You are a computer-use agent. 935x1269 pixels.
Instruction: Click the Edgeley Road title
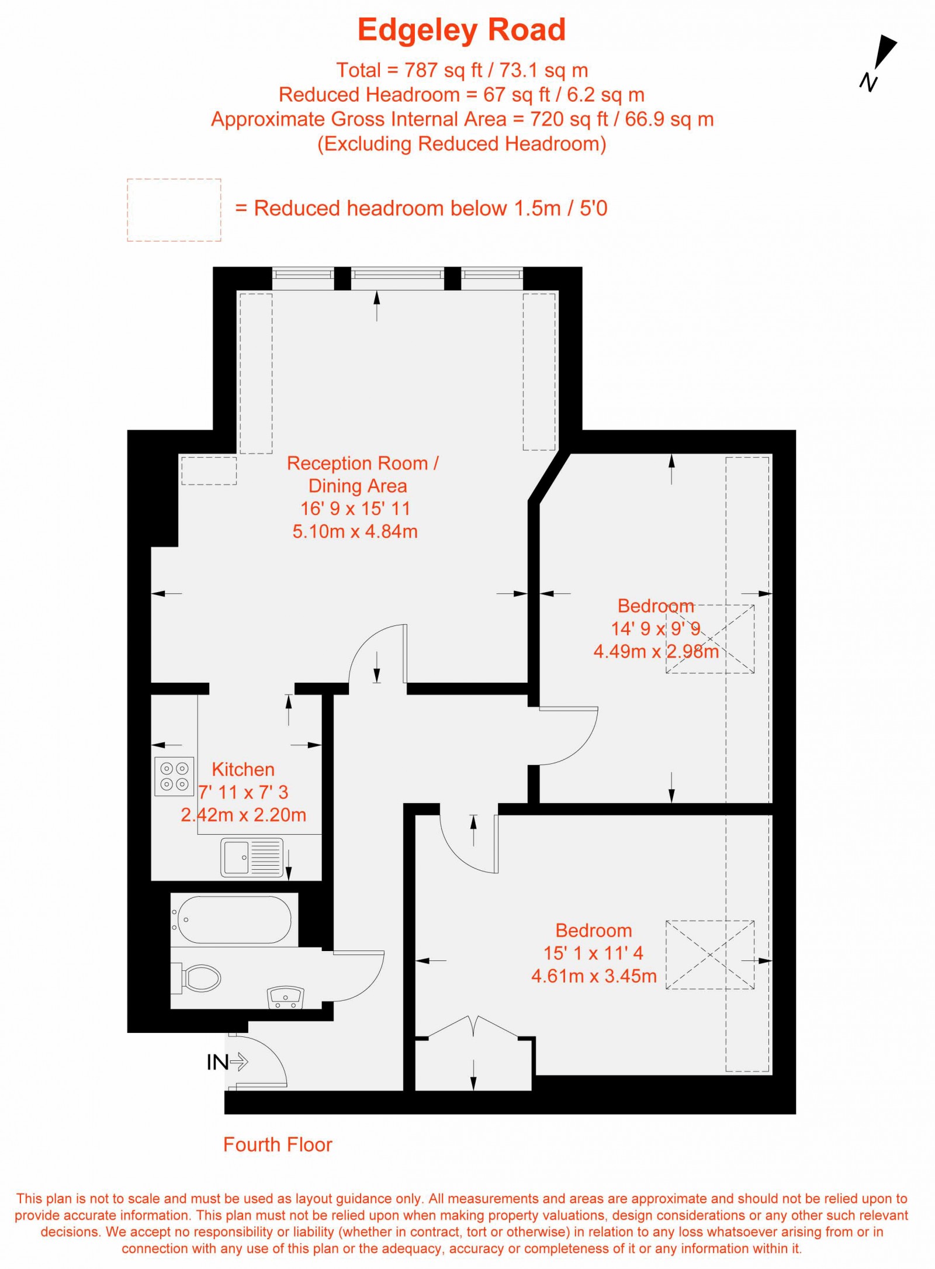[461, 30]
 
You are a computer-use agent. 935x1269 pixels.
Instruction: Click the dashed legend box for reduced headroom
[174, 210]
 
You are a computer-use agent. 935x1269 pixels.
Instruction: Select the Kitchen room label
[243, 769]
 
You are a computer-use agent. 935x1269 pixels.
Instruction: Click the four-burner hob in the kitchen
[174, 776]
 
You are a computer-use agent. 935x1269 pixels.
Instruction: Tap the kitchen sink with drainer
[252, 857]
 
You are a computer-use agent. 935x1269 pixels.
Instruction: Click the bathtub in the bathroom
[234, 920]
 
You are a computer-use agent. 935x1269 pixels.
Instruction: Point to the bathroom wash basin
[286, 997]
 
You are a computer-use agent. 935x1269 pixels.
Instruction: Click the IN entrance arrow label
[227, 1062]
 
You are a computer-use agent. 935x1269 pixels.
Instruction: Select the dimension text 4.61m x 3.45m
[594, 976]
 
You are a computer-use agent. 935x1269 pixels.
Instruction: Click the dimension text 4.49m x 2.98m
[656, 651]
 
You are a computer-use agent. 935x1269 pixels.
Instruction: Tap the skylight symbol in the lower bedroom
[709, 955]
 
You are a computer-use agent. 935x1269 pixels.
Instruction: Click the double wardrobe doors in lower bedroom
[473, 1027]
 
